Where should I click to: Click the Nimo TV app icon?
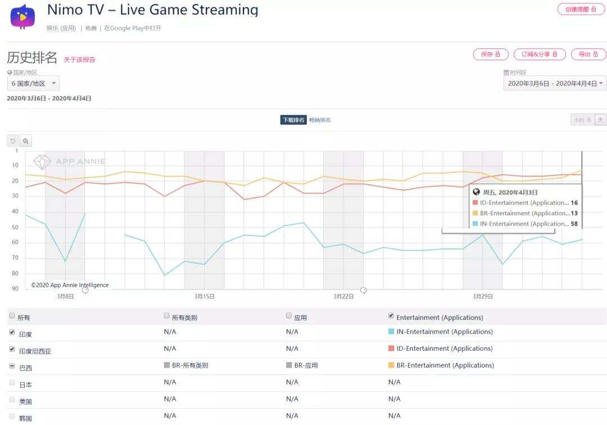[22, 17]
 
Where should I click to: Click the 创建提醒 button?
[581, 9]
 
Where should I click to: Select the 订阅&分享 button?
[539, 54]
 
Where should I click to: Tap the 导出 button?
[588, 54]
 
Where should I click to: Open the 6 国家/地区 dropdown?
[33, 83]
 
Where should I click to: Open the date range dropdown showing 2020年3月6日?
[555, 83]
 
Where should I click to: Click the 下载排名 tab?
[293, 120]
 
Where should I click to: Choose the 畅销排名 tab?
[320, 120]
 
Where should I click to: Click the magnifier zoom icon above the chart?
[26, 141]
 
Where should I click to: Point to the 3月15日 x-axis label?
[205, 296]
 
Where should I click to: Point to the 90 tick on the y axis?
[15, 288]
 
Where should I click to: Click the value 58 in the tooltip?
[574, 224]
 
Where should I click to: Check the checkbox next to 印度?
[12, 333]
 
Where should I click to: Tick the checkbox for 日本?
[12, 383]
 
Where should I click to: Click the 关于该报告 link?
[79, 60]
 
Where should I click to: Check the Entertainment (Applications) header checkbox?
[391, 316]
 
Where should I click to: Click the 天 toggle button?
[600, 120]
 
